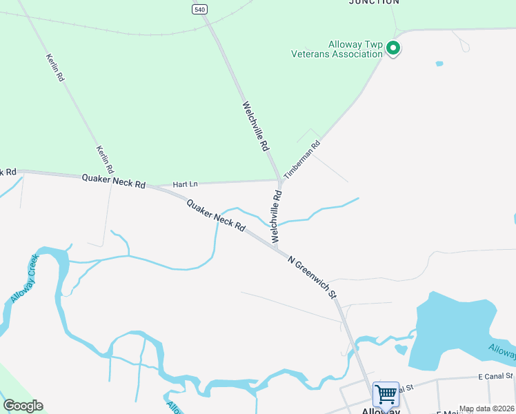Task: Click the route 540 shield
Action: [x=199, y=8]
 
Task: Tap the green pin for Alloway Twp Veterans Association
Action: [x=393, y=48]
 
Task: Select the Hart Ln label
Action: [x=185, y=184]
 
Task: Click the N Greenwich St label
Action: [x=312, y=277]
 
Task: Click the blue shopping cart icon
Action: [x=386, y=395]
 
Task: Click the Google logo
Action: [x=23, y=406]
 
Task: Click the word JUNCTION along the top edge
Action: [x=374, y=2]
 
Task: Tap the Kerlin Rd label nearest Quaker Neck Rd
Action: [x=106, y=159]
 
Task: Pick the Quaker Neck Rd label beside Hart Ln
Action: [x=114, y=181]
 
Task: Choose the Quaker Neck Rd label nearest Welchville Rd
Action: [x=216, y=215]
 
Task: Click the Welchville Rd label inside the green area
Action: [x=255, y=127]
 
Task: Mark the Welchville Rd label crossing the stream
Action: [x=277, y=216]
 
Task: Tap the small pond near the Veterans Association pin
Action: [x=439, y=63]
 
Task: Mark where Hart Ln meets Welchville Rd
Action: [x=279, y=181]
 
